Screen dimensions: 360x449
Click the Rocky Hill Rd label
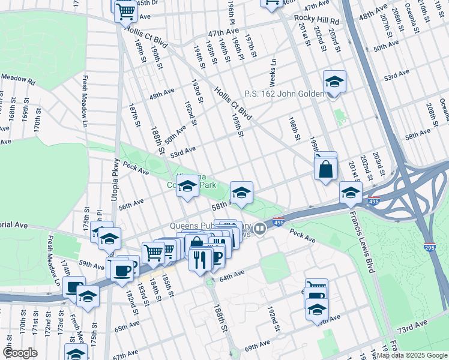coord(316,20)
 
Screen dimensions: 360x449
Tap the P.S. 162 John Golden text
coord(284,94)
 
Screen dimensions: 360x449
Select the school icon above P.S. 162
coord(334,81)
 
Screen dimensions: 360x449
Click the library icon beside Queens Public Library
coord(260,228)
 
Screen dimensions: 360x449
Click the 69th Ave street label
coord(257,346)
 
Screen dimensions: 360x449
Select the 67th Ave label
coord(125,355)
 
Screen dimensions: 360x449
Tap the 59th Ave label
coord(91,264)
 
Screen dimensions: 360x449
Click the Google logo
coord(20,353)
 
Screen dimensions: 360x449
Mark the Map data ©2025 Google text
coord(411,355)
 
